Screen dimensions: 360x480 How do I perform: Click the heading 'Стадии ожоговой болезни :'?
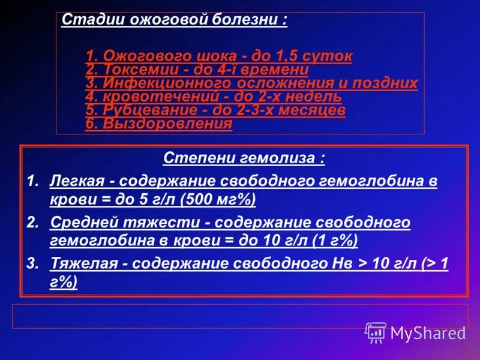[174, 20]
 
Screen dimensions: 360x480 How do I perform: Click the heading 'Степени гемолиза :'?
[244, 159]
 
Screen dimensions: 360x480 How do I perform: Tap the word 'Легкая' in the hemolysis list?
[76, 181]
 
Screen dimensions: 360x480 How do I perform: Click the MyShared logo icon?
[376, 332]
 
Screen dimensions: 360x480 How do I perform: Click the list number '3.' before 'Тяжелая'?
[33, 263]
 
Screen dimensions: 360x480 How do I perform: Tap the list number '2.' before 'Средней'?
[33, 222]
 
